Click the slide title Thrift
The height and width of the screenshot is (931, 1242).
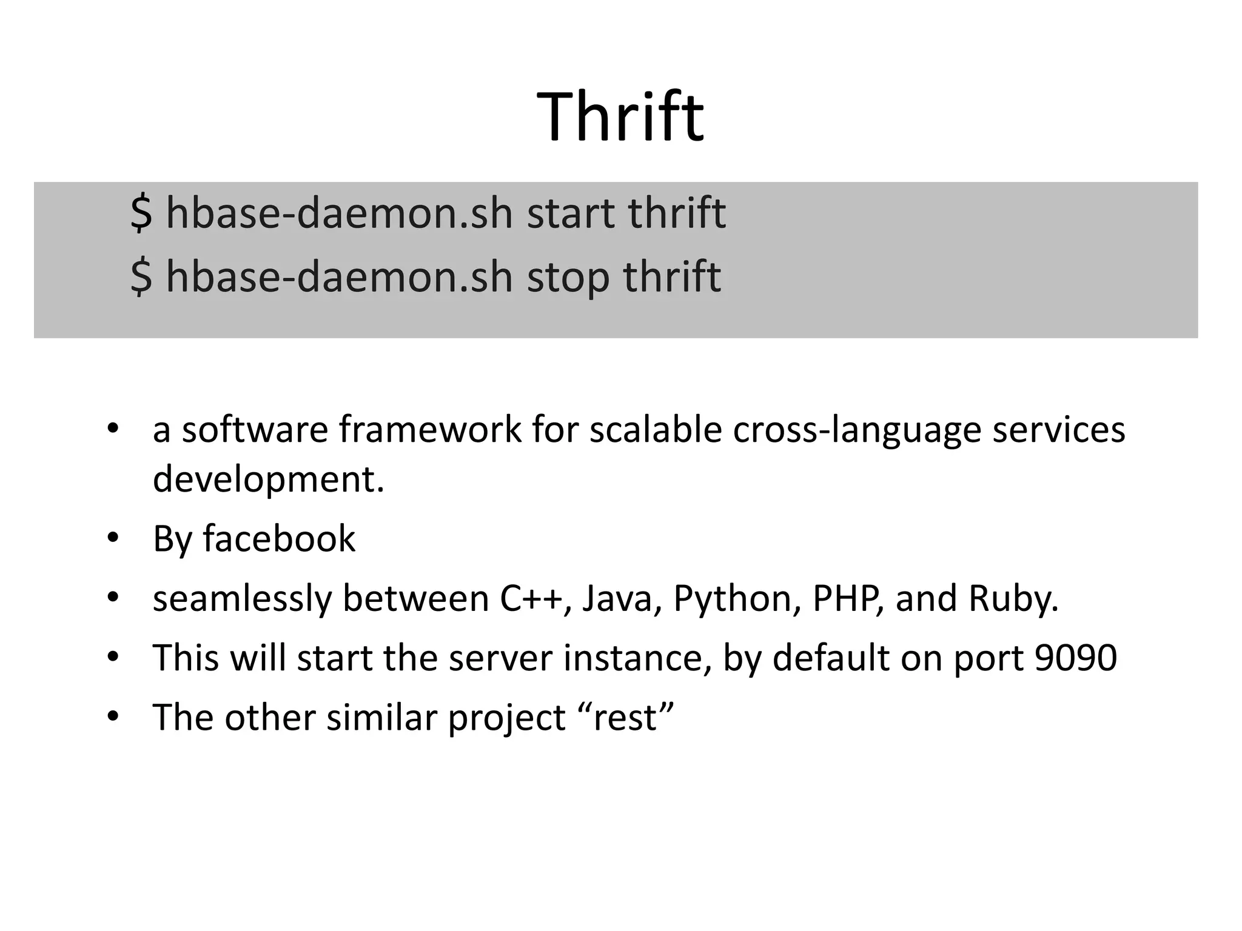point(620,117)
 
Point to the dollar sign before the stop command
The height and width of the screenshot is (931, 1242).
point(141,278)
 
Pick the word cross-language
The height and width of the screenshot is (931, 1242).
point(858,430)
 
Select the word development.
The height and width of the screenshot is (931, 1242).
point(267,479)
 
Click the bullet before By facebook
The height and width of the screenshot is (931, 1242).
point(113,538)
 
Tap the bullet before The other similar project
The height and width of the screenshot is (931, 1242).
point(113,718)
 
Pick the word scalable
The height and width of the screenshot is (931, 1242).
point(655,430)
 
